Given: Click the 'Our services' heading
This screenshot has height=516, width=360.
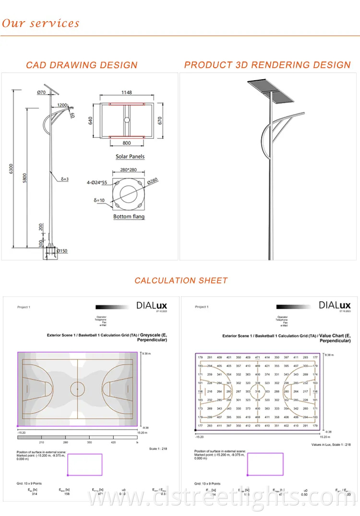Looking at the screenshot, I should coord(41,23).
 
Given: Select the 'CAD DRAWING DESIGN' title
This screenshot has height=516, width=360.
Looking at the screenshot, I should coord(82,65).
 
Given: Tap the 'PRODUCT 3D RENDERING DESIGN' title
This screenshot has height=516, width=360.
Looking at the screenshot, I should coord(267,65).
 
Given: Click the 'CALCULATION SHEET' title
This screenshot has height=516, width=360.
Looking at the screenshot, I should coord(181,281).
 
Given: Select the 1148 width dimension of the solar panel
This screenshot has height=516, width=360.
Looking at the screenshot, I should coord(127,92).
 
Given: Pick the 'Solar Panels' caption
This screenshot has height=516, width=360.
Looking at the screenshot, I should coord(130,157).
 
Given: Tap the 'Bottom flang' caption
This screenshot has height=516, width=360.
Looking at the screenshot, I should coord(129,217).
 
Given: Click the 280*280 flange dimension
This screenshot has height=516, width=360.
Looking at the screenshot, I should coord(129,169).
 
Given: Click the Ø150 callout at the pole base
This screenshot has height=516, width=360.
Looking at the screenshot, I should coord(61,250).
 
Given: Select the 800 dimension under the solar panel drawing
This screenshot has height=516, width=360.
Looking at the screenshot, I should coord(127,143).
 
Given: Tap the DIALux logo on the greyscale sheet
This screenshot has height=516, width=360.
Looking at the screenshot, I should coord(149,305).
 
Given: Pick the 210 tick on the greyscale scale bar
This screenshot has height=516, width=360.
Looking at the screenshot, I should coord(41,442).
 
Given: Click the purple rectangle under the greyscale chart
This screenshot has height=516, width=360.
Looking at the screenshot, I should coord(84,465).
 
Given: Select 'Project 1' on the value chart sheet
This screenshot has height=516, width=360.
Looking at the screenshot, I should coord(202,307).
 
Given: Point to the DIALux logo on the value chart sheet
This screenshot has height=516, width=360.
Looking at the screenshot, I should coord(335,305).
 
